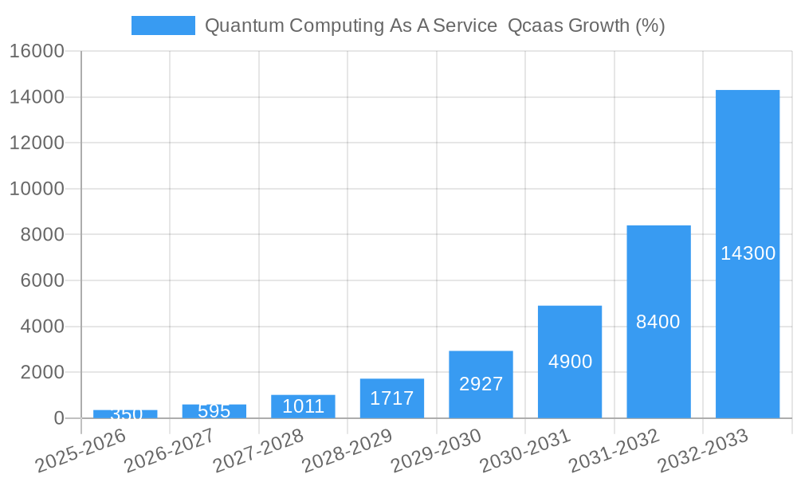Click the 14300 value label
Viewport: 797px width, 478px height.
pos(748,253)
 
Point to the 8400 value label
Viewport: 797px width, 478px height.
pos(658,322)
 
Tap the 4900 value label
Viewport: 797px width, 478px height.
pos(570,362)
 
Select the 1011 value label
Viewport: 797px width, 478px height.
pos(303,406)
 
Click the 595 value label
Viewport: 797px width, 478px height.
pos(214,411)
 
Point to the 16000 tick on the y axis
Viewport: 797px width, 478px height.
pos(37,51)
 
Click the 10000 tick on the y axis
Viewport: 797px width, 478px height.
pos(37,189)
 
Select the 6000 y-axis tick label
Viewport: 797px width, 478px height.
pos(41,280)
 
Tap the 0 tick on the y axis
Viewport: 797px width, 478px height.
pos(58,418)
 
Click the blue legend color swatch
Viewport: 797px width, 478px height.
pos(163,25)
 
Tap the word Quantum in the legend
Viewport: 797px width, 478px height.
pos(242,25)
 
